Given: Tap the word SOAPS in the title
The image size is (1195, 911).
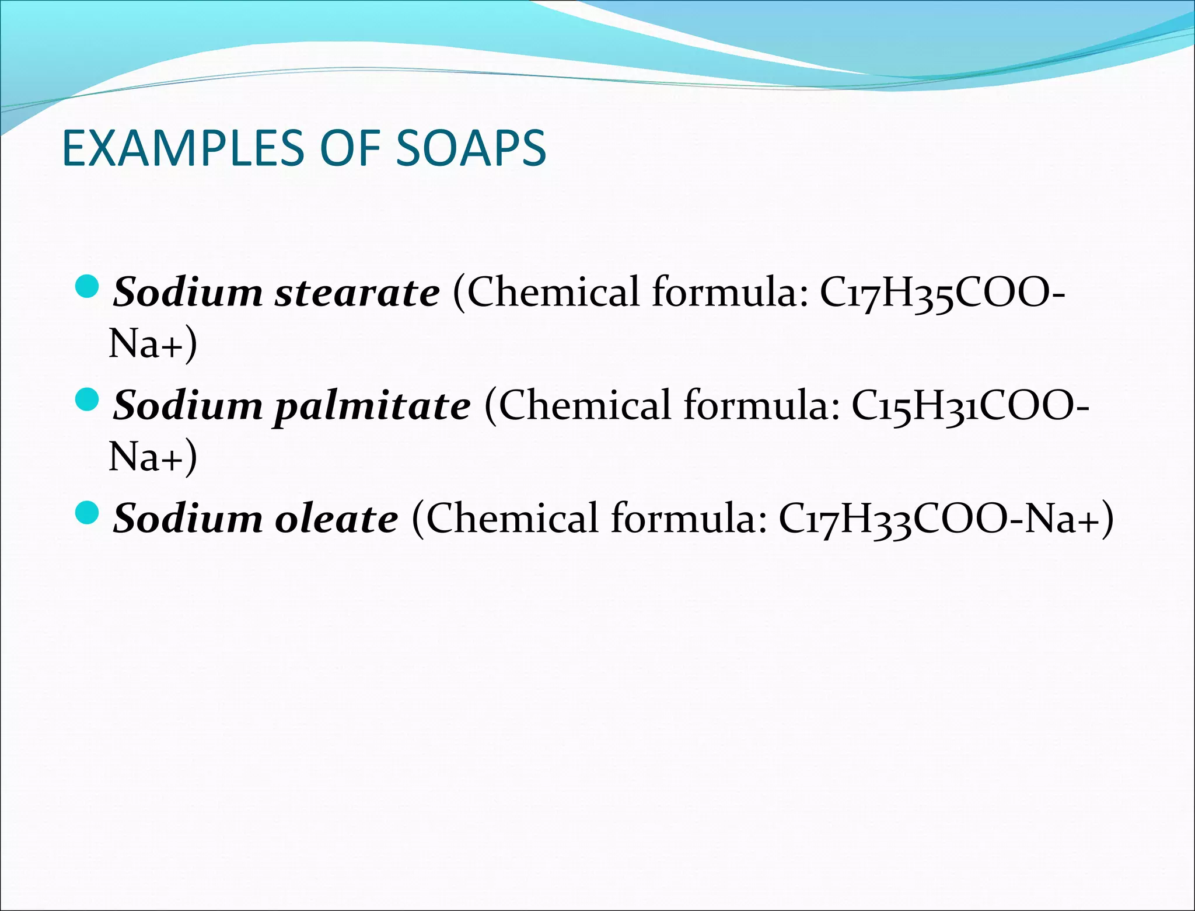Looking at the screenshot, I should pyautogui.click(x=471, y=148).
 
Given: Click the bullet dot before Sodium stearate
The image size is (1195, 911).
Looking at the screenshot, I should pyautogui.click(x=88, y=286).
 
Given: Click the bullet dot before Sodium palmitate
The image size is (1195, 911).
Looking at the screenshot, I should pyautogui.click(x=88, y=399).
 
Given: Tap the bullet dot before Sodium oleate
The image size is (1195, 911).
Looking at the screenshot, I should pyautogui.click(x=88, y=512).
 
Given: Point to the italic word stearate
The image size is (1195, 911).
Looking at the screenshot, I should pyautogui.click(x=357, y=292).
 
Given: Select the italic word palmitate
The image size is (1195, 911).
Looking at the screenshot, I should pyautogui.click(x=372, y=406).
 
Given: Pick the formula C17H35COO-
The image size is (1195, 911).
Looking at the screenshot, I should pyautogui.click(x=942, y=292).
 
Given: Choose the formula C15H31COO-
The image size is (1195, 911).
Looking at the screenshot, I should pyautogui.click(x=970, y=405).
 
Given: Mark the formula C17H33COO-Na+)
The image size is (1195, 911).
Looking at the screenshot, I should pyautogui.click(x=945, y=519).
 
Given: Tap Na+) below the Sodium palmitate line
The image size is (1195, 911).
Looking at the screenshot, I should pyautogui.click(x=153, y=457).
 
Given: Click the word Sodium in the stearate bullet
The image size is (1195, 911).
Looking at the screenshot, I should pyautogui.click(x=188, y=292).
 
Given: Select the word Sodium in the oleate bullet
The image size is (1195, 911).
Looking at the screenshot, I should pyautogui.click(x=188, y=519).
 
